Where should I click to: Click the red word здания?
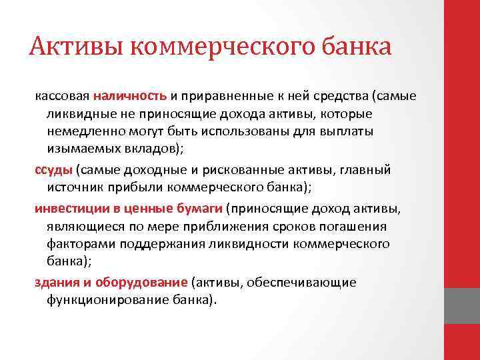point(56,283)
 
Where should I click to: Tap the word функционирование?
point(106,300)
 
